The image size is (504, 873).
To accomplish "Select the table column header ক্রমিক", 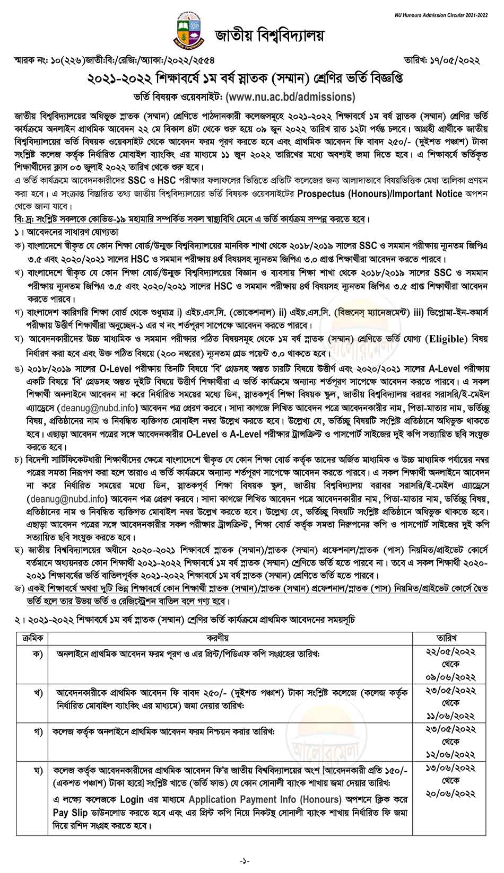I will point(33,638).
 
